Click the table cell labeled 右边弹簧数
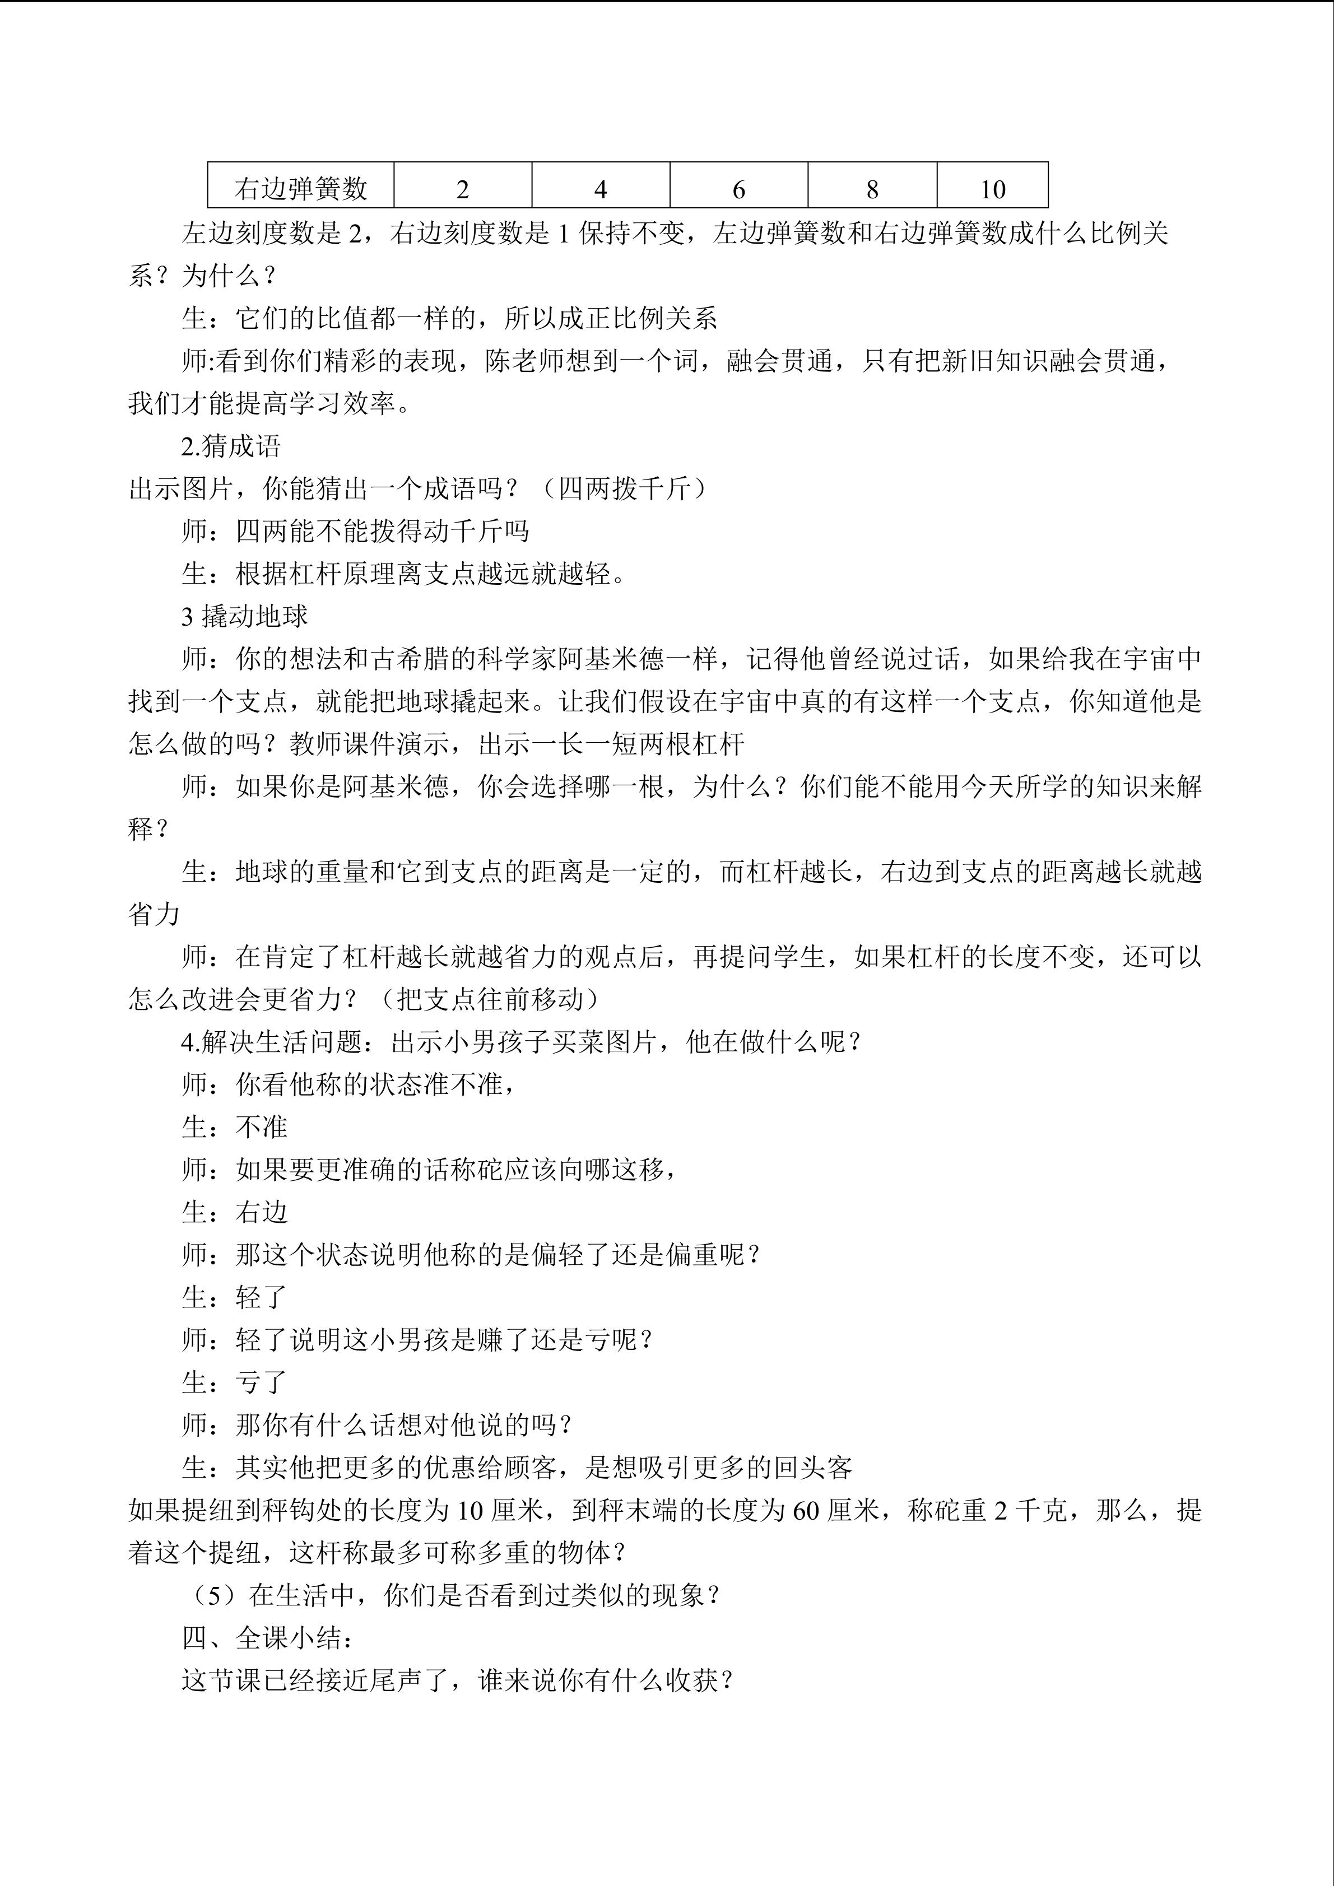301,189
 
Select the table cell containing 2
462,189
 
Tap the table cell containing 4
601,189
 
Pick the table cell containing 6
738,189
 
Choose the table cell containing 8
872,189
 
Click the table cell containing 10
992,189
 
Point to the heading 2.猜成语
231,446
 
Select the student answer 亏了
261,1382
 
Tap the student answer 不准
261,1127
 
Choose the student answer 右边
261,1212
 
